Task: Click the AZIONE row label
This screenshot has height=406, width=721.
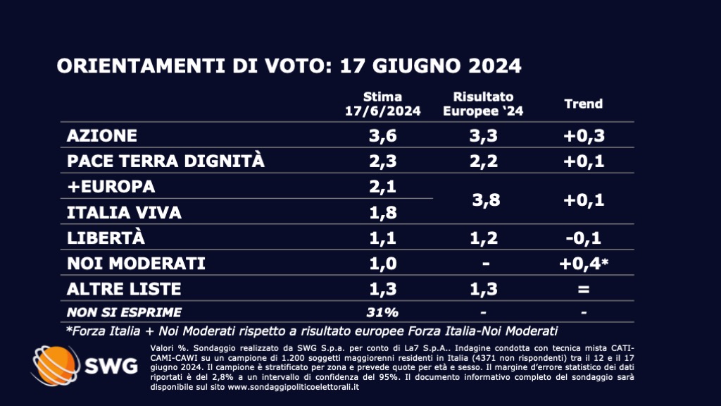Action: click(x=101, y=135)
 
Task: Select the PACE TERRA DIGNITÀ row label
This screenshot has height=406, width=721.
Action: click(x=165, y=161)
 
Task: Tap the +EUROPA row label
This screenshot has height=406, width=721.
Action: click(x=111, y=187)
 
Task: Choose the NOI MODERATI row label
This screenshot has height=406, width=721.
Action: click(x=136, y=263)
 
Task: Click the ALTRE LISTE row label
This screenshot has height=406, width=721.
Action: click(x=124, y=288)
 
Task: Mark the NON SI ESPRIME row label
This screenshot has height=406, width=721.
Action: click(x=124, y=312)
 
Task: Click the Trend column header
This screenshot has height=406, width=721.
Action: click(x=584, y=104)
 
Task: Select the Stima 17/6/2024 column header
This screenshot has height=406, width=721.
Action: click(x=383, y=104)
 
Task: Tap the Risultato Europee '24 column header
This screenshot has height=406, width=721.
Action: click(x=483, y=104)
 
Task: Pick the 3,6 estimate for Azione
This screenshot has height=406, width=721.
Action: click(x=382, y=135)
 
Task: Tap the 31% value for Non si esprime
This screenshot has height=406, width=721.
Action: click(x=382, y=312)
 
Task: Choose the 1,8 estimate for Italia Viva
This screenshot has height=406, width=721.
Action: click(x=382, y=211)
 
